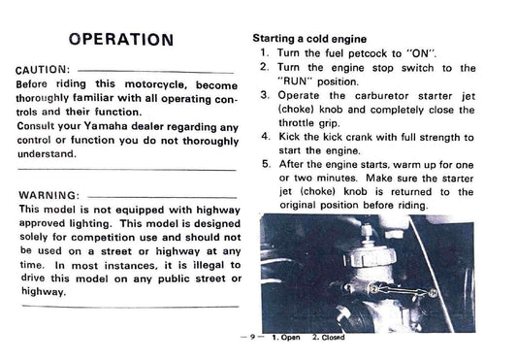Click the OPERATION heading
tap(121, 40)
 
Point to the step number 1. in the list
tap(265, 52)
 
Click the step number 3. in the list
tap(265, 95)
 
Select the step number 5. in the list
tap(265, 165)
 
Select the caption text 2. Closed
tap(328, 338)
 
